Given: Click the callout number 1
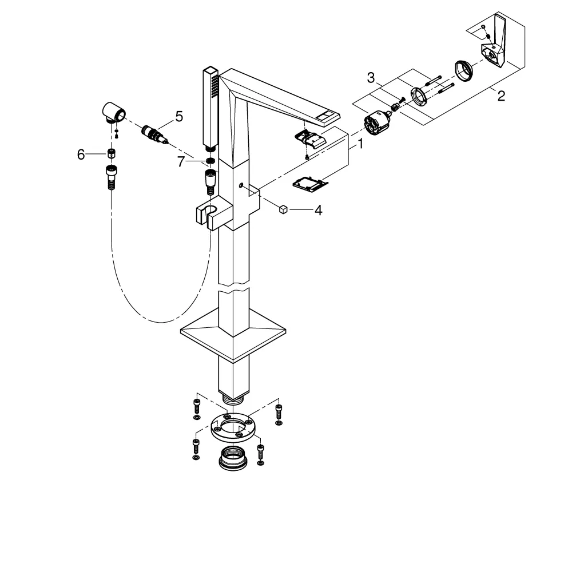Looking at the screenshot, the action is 360,144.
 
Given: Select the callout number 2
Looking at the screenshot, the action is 501,96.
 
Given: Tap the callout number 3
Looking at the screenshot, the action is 371,78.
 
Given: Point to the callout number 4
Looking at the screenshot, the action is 318,210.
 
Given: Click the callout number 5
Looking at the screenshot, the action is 178,116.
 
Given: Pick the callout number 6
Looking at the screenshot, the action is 81,154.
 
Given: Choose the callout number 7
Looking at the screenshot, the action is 181,162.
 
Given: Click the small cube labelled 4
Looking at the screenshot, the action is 283,210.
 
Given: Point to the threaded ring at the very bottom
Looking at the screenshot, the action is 233,458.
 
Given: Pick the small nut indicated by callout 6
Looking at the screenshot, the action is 112,153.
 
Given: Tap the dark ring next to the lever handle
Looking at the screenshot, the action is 464,70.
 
